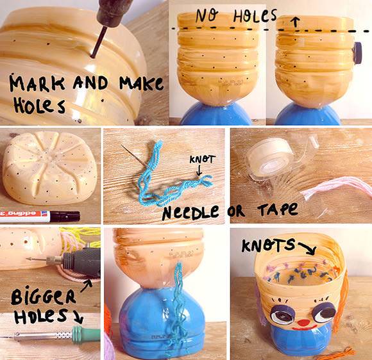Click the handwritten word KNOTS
pos(269,245)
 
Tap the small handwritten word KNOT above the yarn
pos(203,160)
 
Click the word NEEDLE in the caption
pos(190,212)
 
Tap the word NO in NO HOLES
pos(207,16)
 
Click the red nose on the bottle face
pos(304,322)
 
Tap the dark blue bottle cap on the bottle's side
pos(357,53)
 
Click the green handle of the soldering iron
pos(86,334)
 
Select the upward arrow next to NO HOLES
pos(295,21)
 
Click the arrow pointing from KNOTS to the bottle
pos(307,247)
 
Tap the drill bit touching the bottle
pos(97,42)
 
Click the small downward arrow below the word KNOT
pos(199,170)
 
